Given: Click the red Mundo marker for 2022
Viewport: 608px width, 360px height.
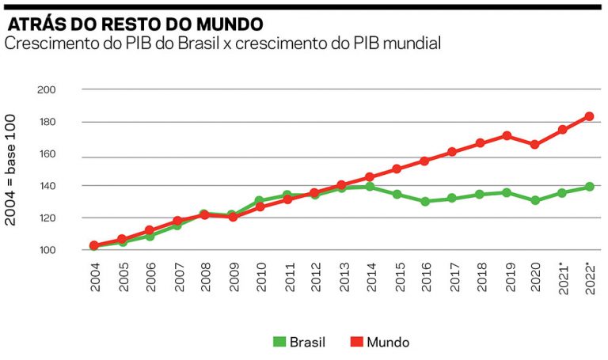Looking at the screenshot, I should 589,116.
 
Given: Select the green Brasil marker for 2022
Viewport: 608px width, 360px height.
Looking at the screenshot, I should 589,187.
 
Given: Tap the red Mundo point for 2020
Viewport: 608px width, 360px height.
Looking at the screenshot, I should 534,145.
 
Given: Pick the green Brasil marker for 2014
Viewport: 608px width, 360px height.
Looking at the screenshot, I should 370,187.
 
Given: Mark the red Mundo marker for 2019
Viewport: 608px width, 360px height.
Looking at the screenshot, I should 507,135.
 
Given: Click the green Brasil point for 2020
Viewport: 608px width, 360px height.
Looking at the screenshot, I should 534,200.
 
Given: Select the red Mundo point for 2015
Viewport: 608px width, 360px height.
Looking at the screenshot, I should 397,169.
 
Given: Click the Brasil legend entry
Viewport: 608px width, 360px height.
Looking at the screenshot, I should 299,343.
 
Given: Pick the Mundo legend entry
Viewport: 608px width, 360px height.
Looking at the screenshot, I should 378,343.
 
